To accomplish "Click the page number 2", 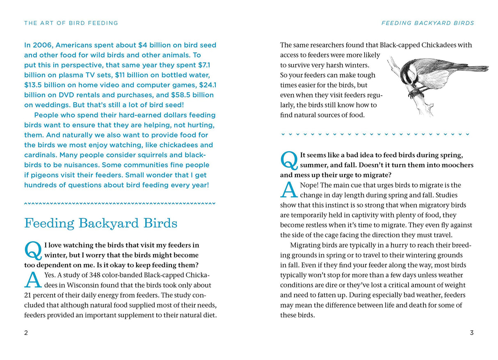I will point(26,333).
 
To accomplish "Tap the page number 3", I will point(472,333).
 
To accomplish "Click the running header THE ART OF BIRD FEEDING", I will point(71,23).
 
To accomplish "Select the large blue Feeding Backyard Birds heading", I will point(101,223).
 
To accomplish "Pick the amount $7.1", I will point(208,65).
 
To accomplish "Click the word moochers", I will point(457,165).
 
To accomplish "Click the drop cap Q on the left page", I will point(33,250).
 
